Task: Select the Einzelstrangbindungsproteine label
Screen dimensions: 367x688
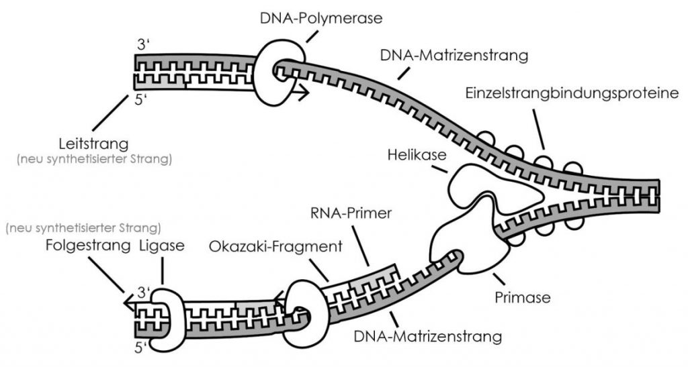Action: click(571, 94)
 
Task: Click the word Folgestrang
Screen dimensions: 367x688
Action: click(87, 245)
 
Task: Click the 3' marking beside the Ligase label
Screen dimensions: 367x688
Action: click(142, 292)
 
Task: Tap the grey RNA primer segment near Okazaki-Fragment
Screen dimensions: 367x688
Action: click(374, 282)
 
